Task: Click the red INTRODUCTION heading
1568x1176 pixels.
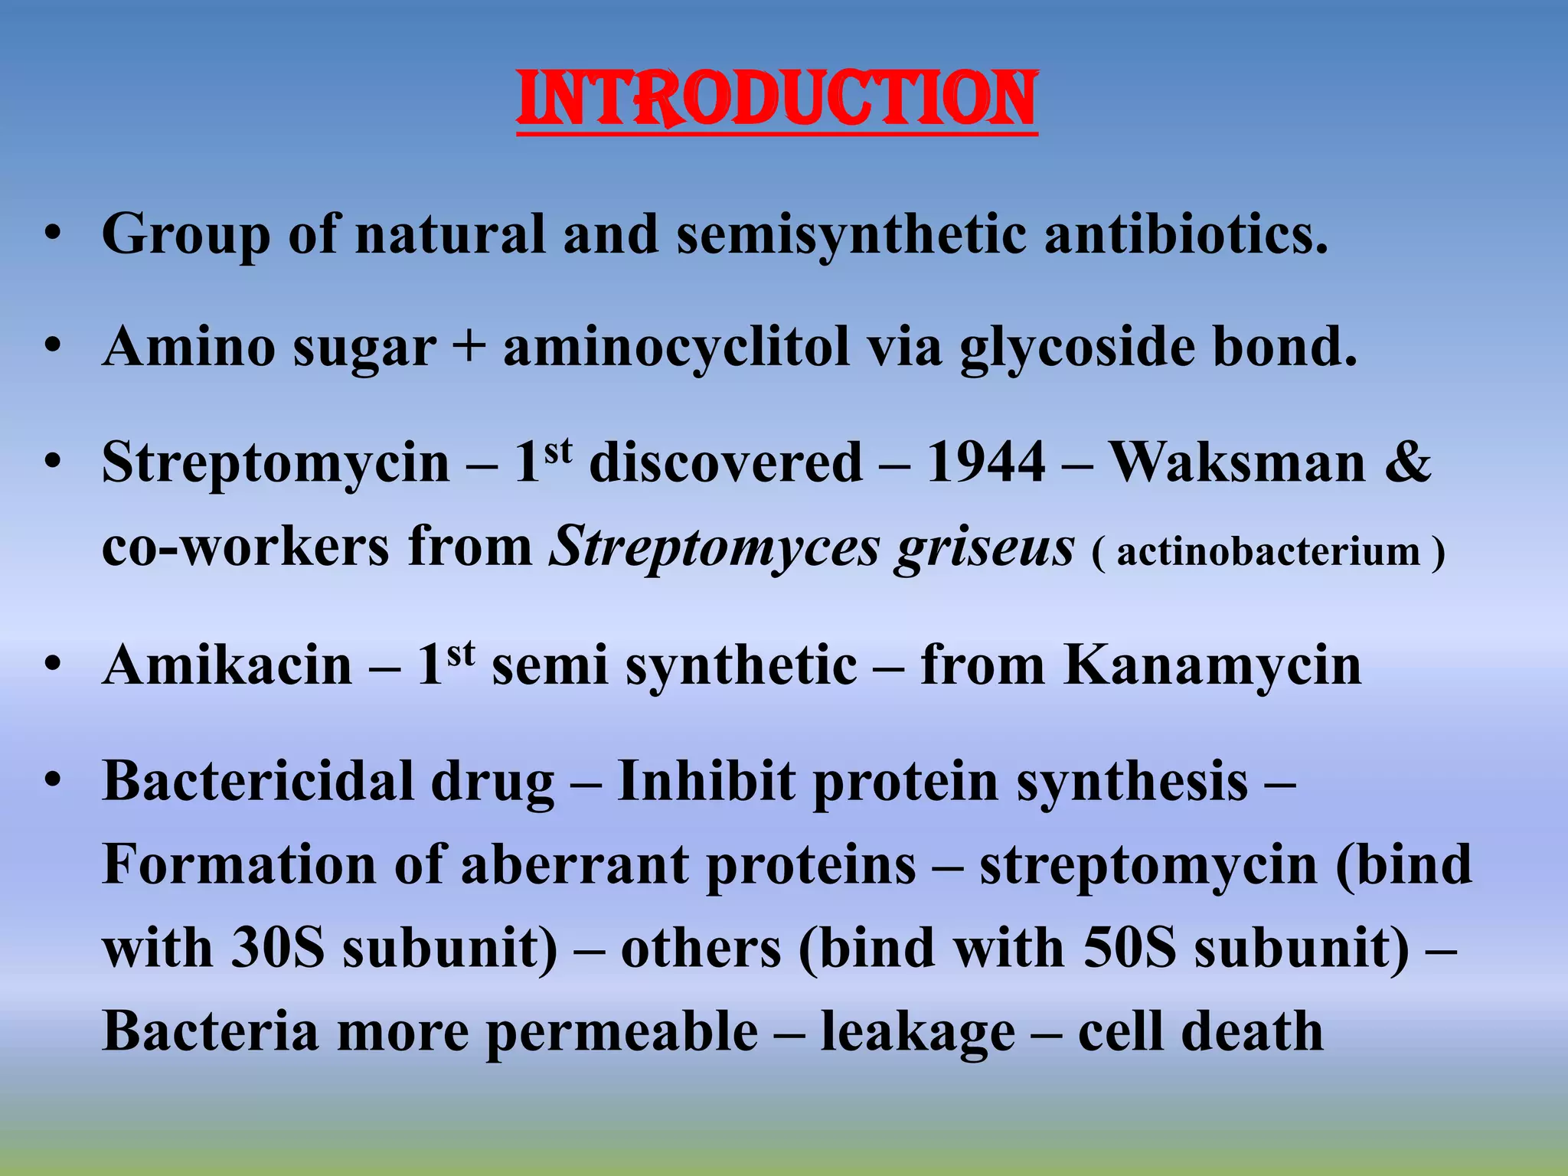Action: pos(776,100)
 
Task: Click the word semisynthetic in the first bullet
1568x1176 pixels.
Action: pos(851,234)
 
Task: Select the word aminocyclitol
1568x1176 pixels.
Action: pos(676,347)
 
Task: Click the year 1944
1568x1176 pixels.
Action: pos(986,463)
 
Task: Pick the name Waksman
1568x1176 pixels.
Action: pos(1238,463)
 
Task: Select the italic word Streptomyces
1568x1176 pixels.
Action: pos(715,548)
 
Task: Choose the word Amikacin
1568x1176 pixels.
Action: pos(227,665)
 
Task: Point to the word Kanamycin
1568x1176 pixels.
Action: pos(1213,665)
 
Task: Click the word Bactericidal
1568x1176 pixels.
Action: pos(257,782)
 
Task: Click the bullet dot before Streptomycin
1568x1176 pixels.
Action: pos(52,463)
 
